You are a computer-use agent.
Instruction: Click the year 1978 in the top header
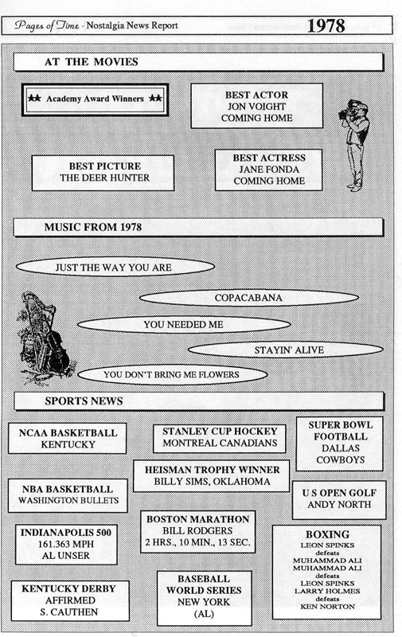[x=326, y=26]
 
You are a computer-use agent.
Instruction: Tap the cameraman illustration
[x=354, y=145]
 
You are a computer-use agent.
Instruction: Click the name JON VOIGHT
[x=256, y=107]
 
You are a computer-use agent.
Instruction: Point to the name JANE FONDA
[x=269, y=170]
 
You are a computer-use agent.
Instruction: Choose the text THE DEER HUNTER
[x=105, y=178]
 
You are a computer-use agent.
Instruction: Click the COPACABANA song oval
[x=249, y=298]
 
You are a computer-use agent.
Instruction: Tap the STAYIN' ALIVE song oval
[x=286, y=350]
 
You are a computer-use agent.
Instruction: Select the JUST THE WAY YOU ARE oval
[x=115, y=268]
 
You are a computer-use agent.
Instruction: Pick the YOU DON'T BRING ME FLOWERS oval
[x=172, y=374]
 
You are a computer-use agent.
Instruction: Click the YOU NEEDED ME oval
[x=184, y=325]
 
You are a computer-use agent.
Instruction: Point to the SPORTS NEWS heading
[x=84, y=401]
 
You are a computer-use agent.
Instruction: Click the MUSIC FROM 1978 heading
[x=93, y=227]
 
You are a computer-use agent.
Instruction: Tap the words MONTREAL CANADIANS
[x=220, y=443]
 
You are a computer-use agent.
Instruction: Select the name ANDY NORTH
[x=339, y=505]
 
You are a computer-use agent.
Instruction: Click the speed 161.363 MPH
[x=66, y=544]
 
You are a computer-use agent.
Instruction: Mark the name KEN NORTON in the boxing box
[x=327, y=607]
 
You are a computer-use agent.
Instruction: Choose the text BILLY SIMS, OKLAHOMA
[x=212, y=482]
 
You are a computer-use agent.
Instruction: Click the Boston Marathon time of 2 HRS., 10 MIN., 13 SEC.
[x=197, y=542]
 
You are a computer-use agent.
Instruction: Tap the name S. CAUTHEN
[x=69, y=612]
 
